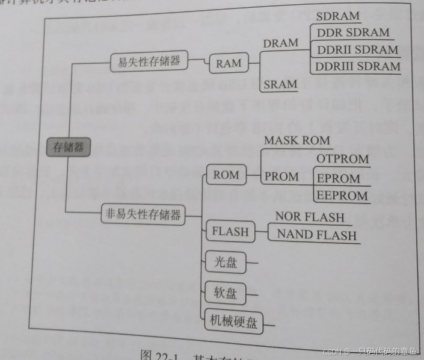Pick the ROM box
(226, 175)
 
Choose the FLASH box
(227, 230)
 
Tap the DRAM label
(280, 43)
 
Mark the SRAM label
(280, 84)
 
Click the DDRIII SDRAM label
(358, 66)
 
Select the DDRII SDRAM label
(357, 49)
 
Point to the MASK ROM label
(297, 141)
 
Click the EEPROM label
(342, 196)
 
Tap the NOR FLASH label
(310, 217)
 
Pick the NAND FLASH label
(316, 235)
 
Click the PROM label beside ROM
(281, 176)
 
